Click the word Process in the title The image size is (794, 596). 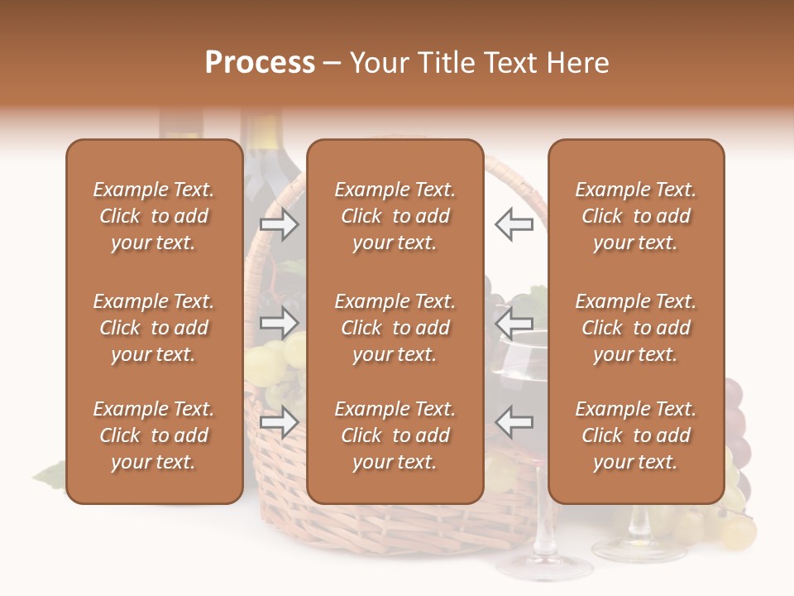coord(260,63)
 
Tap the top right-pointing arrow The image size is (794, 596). coord(280,224)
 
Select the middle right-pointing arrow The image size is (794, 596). coord(280,323)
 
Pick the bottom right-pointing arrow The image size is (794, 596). coord(280,422)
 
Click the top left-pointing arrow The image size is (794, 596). coord(514,224)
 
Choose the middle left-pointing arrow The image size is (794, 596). coord(514,323)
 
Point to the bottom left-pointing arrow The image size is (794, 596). coord(514,422)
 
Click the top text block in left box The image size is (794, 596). coord(154,216)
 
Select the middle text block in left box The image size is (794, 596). coord(154,328)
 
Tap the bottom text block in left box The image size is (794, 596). coord(154,435)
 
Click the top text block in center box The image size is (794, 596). coord(395,216)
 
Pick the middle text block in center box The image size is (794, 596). coord(395,328)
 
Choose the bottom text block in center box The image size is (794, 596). coord(395,435)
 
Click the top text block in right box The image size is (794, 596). coord(636,216)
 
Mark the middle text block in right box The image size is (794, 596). coord(636,328)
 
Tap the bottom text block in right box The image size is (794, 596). coord(636,435)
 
